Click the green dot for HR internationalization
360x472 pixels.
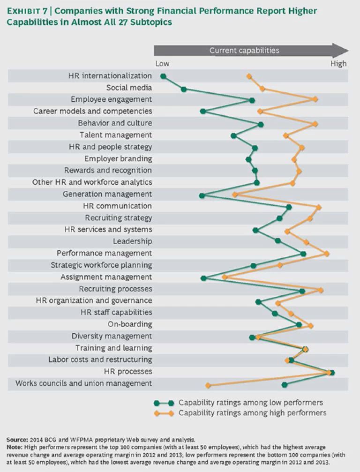click(x=163, y=76)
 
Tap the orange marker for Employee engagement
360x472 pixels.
click(x=315, y=99)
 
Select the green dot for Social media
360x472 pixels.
click(x=184, y=89)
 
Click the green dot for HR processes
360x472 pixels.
click(x=332, y=373)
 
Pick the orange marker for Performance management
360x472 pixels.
click(x=327, y=254)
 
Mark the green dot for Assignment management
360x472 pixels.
click(x=203, y=278)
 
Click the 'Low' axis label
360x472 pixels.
click(x=162, y=64)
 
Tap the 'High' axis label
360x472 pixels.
click(x=338, y=64)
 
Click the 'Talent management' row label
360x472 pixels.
click(x=122, y=135)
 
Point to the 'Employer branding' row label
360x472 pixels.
click(x=118, y=158)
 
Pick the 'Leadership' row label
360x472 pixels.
click(x=132, y=241)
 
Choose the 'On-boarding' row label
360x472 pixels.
click(x=130, y=324)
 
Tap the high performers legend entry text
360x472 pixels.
click(x=252, y=413)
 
